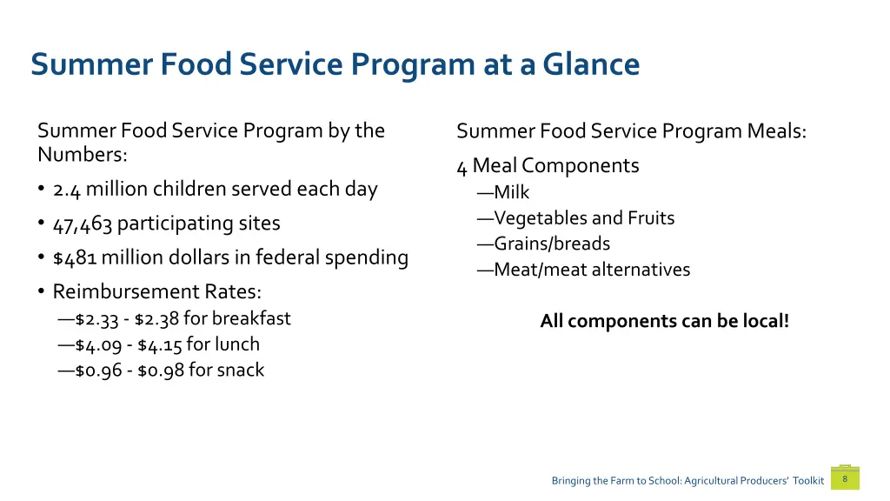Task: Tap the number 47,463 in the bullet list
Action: pyautogui.click(x=83, y=224)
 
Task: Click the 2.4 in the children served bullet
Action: pyautogui.click(x=67, y=190)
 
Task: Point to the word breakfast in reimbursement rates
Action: pyautogui.click(x=251, y=318)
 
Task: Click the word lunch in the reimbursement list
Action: pyautogui.click(x=237, y=344)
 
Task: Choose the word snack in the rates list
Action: pyautogui.click(x=240, y=371)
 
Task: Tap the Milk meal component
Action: pyautogui.click(x=511, y=193)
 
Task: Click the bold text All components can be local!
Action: pyautogui.click(x=665, y=321)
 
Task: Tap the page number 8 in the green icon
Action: pyautogui.click(x=845, y=478)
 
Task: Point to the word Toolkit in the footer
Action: pyautogui.click(x=807, y=481)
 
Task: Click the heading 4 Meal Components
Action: pyautogui.click(x=548, y=166)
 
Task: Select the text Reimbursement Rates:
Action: pyautogui.click(x=156, y=291)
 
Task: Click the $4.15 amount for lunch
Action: pyautogui.click(x=160, y=345)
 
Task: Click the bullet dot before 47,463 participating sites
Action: pyautogui.click(x=41, y=224)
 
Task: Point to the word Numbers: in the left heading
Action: pyautogui.click(x=83, y=156)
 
